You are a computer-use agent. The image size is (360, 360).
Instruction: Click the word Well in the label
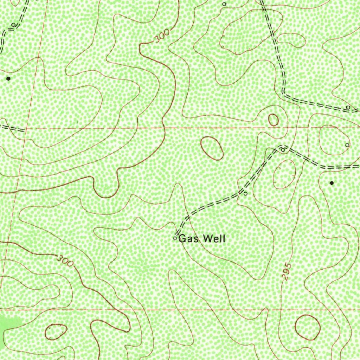click(214, 239)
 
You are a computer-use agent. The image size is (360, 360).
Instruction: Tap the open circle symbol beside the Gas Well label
click(175, 238)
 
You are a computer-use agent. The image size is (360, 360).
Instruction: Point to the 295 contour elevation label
click(287, 271)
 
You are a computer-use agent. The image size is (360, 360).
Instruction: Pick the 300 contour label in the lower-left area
click(66, 261)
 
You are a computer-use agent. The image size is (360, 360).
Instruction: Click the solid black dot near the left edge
click(8, 79)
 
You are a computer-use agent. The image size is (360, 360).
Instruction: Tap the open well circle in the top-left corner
click(13, 25)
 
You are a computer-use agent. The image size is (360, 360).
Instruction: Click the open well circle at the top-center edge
click(224, 4)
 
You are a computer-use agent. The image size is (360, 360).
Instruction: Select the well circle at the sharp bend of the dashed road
click(283, 150)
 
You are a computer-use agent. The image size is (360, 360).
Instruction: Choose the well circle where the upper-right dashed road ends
click(348, 107)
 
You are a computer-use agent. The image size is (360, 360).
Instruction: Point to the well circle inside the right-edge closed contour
click(347, 145)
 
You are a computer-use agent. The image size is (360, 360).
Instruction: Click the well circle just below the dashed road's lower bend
click(245, 193)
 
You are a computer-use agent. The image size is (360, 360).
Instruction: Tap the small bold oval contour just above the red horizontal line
click(273, 120)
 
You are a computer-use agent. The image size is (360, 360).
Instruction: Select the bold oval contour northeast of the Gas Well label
click(212, 148)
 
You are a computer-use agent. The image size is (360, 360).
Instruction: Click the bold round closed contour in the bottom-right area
click(307, 328)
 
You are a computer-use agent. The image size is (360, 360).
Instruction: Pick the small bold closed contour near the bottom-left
click(56, 332)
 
